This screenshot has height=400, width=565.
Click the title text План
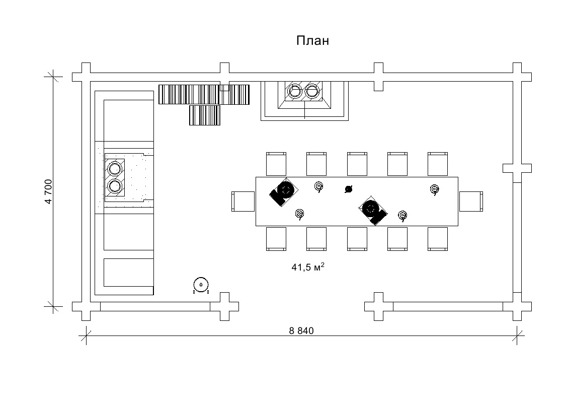(x=312, y=41)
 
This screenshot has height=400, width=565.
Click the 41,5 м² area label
(x=307, y=267)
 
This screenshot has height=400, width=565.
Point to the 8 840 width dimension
(x=301, y=330)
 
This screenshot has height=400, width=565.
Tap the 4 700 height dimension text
(x=49, y=191)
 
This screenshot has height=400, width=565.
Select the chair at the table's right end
(x=471, y=201)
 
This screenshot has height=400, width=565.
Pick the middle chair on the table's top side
(x=357, y=163)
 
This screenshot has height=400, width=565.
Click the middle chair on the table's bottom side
(x=357, y=238)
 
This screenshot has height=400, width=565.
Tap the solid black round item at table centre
(x=348, y=189)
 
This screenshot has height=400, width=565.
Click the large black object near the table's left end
(x=283, y=191)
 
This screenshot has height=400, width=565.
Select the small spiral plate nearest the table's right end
(x=435, y=189)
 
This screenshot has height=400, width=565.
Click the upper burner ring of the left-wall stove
(x=115, y=167)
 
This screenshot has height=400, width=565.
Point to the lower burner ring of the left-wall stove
(x=115, y=187)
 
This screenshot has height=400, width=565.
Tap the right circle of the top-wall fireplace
(x=313, y=91)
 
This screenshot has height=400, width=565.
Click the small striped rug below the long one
(x=205, y=115)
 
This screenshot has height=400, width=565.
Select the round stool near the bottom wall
(x=201, y=285)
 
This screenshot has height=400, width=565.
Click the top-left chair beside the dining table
(x=276, y=163)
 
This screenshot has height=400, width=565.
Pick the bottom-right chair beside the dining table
(x=438, y=238)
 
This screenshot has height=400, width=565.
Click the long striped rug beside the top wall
(x=204, y=94)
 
